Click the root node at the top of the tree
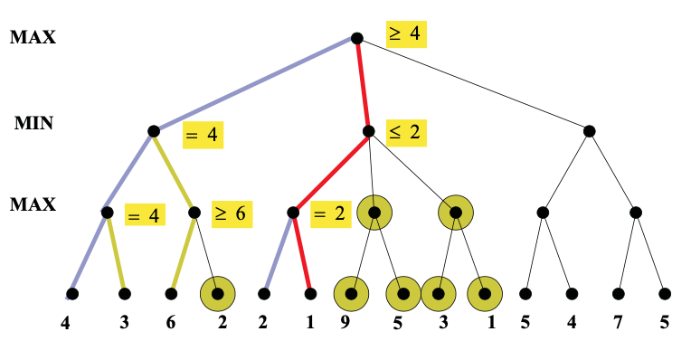[356, 38]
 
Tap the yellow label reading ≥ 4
[404, 34]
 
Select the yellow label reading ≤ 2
[404, 132]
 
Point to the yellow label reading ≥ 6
[232, 214]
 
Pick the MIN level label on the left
[33, 123]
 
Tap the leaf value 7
[619, 323]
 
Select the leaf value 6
[171, 323]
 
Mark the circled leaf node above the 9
[352, 294]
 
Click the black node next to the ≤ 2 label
[368, 131]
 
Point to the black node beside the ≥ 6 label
[194, 213]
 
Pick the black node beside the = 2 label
[292, 213]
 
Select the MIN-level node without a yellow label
[589, 131]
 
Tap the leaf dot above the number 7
[619, 294]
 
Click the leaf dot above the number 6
[171, 294]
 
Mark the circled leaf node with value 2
[217, 294]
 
